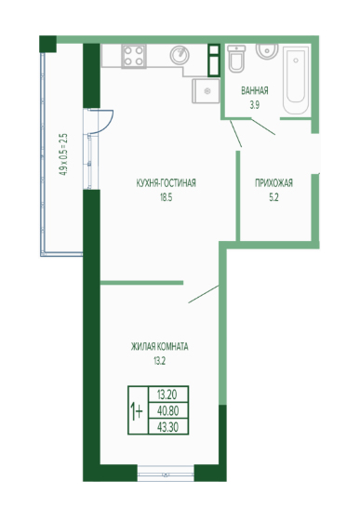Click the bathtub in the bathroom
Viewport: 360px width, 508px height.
[296, 80]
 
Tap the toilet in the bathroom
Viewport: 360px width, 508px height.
[236, 59]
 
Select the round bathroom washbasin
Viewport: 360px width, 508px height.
[267, 51]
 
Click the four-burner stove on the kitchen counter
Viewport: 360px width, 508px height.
[134, 57]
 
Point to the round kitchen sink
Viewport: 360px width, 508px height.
[180, 55]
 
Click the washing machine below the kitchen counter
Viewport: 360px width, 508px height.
[207, 91]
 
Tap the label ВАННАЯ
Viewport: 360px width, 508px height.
[255, 90]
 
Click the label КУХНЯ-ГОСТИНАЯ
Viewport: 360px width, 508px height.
[166, 183]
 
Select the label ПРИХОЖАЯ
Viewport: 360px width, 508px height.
[273, 183]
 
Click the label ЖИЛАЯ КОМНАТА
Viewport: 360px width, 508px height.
[159, 347]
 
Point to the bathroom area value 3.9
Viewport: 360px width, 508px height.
[254, 105]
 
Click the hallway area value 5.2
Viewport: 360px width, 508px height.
[273, 197]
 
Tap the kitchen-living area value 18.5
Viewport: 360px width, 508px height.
[166, 197]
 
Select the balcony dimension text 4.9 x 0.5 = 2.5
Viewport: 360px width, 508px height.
[63, 154]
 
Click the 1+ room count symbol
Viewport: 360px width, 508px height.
[137, 410]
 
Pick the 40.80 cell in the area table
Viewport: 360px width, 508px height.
[167, 411]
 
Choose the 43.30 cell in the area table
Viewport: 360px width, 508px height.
[167, 427]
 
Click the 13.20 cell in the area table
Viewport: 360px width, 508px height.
[167, 394]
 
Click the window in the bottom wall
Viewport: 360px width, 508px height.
[166, 473]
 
